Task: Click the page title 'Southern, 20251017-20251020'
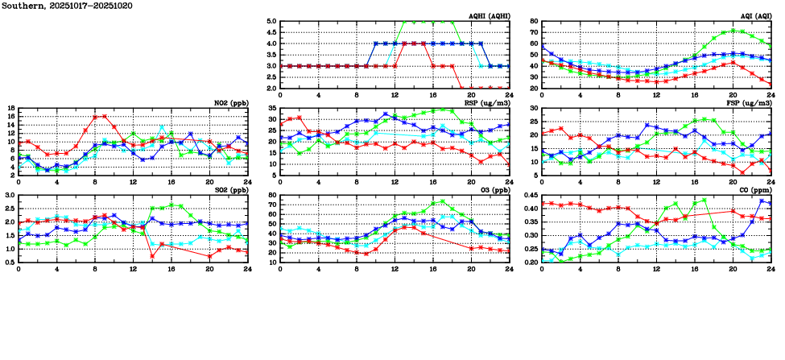click(x=67, y=6)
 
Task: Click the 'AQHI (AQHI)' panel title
click(x=488, y=16)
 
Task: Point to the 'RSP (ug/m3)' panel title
click(x=489, y=103)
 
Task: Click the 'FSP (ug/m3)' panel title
click(x=749, y=103)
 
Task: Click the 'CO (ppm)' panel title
click(x=755, y=190)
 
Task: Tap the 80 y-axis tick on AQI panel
click(x=533, y=22)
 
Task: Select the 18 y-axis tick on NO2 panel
click(x=10, y=108)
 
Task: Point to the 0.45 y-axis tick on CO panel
click(x=529, y=195)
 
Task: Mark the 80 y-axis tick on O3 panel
click(x=272, y=195)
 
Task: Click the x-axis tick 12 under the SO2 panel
click(x=133, y=268)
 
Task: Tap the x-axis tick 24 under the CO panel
click(x=770, y=268)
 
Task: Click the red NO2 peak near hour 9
click(x=104, y=116)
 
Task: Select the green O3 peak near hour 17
click(x=442, y=201)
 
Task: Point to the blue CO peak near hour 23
click(x=762, y=201)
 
